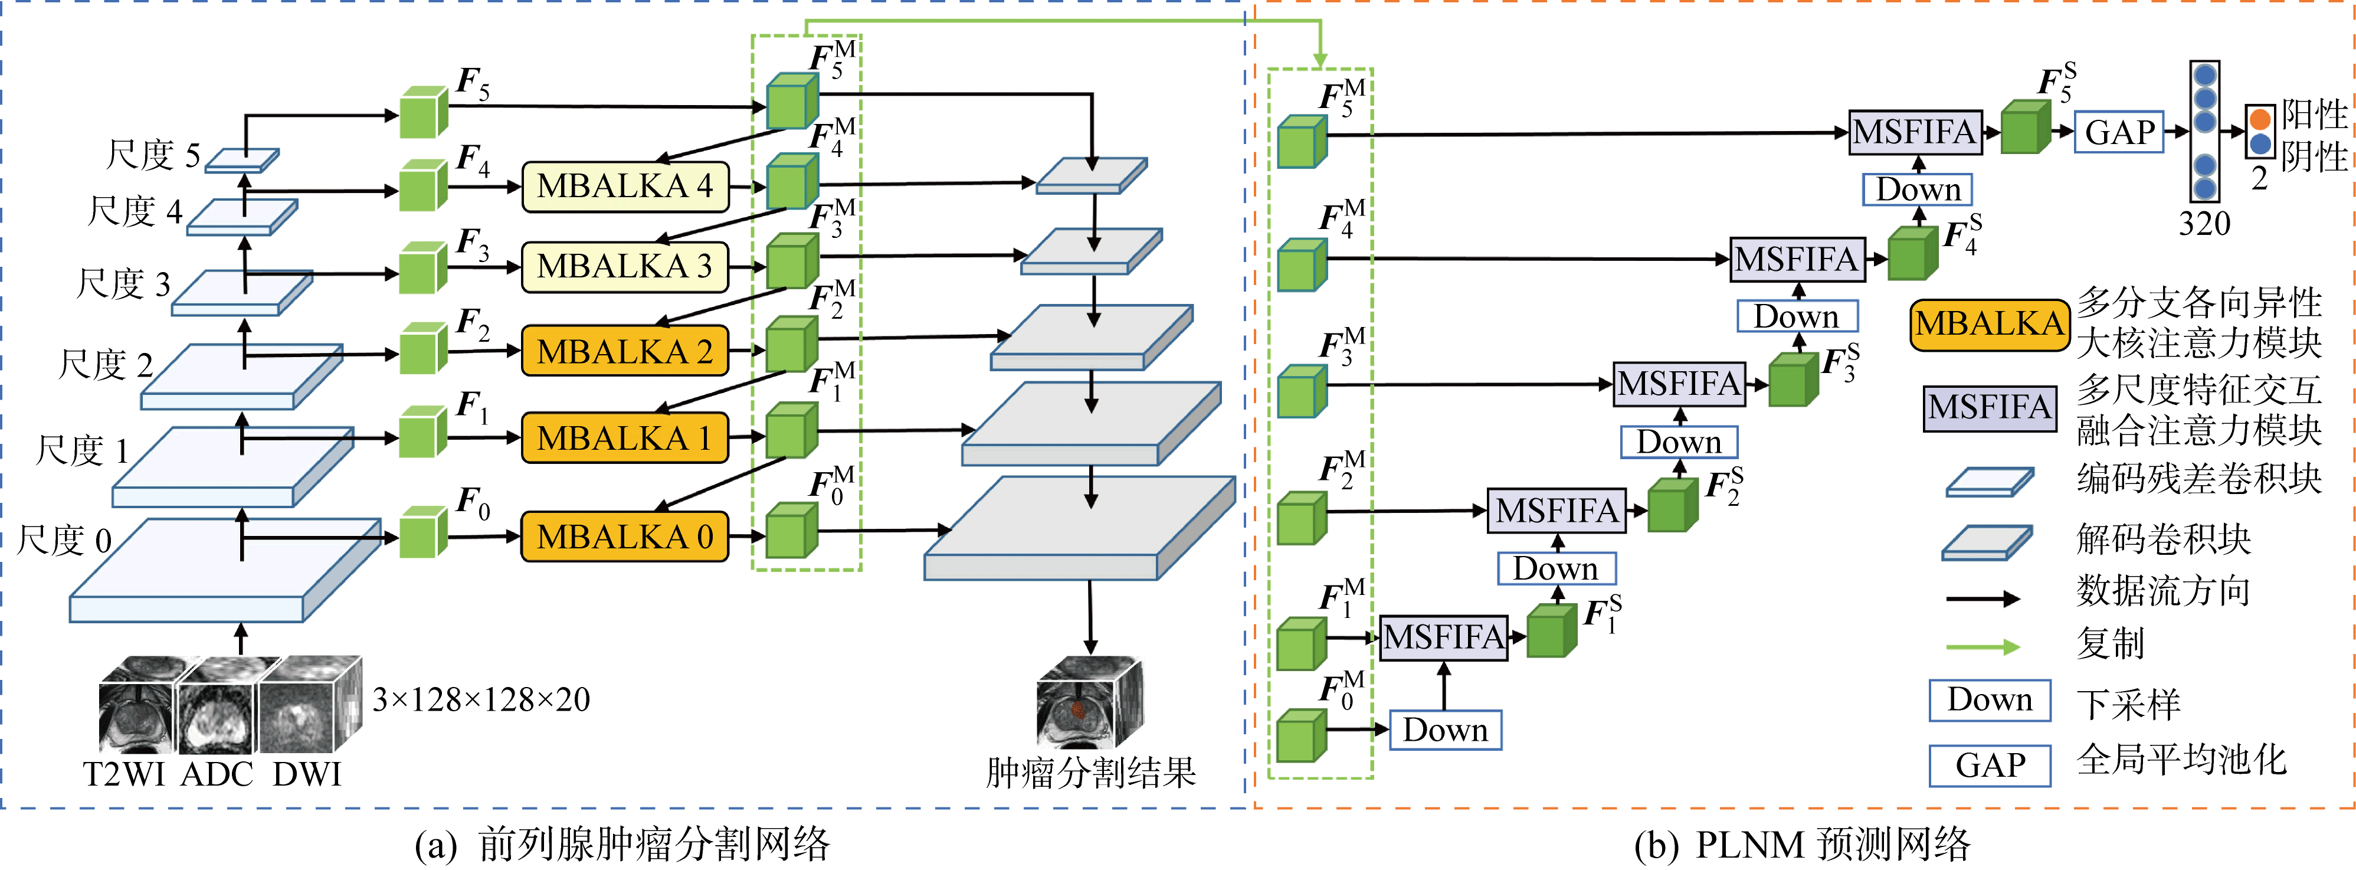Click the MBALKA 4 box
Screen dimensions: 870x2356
click(x=625, y=187)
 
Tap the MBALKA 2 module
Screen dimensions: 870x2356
click(x=625, y=351)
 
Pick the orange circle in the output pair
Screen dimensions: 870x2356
click(x=2260, y=119)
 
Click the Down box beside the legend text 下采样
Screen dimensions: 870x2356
click(x=1989, y=700)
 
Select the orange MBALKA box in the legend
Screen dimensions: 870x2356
click(x=1989, y=324)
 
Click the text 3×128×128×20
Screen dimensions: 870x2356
click(x=481, y=701)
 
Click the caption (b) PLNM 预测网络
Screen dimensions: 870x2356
click(x=1802, y=843)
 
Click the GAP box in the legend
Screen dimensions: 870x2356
click(x=1989, y=766)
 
